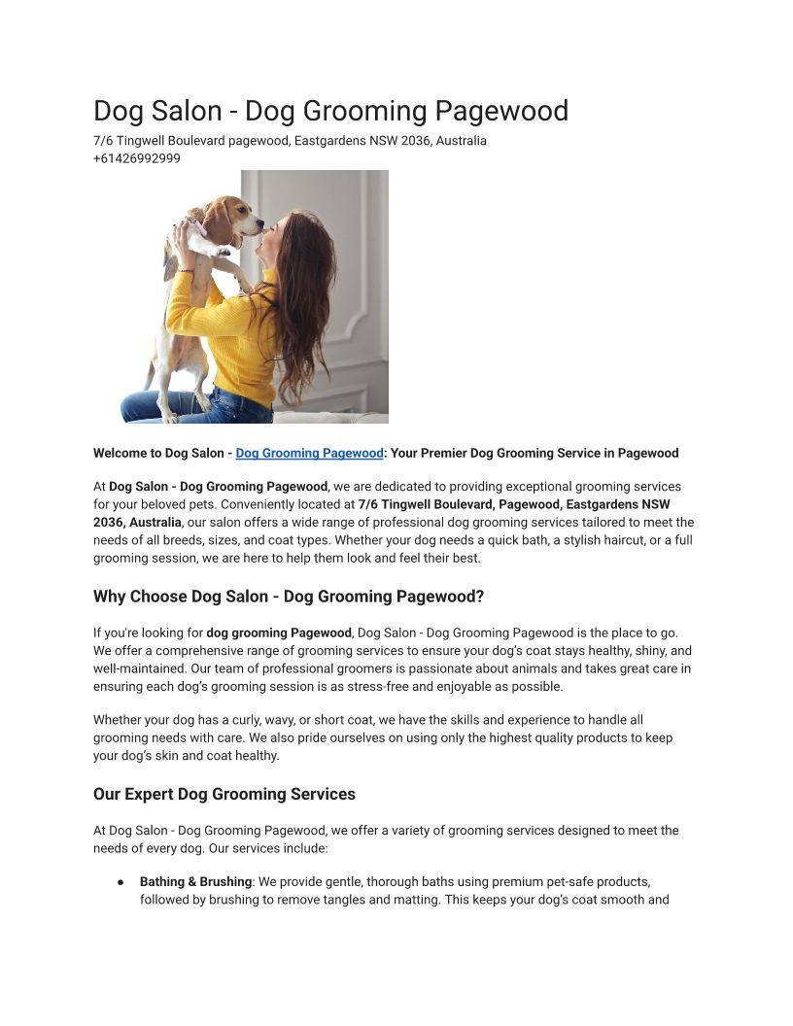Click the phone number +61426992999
[137, 158]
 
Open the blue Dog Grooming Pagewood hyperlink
[309, 453]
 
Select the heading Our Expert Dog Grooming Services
[224, 794]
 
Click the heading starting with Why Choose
[288, 596]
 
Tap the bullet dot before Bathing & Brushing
[121, 881]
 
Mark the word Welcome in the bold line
[121, 453]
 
